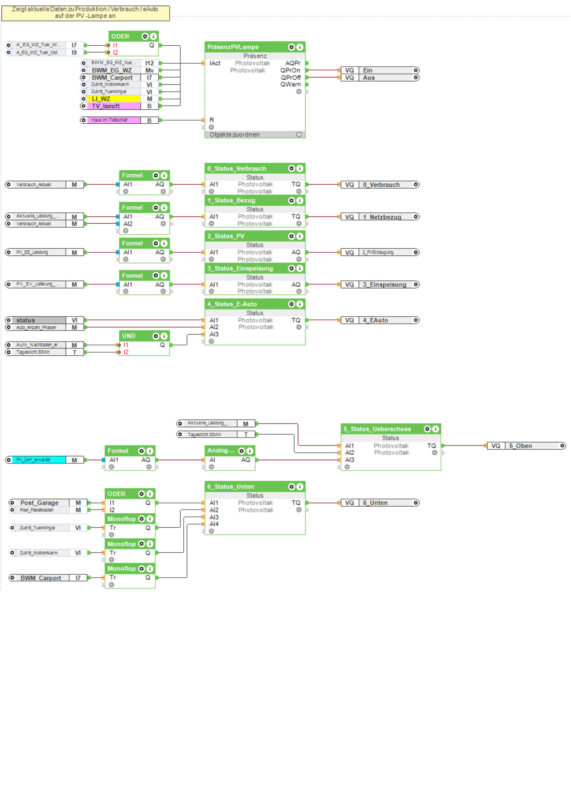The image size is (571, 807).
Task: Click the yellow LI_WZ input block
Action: [x=113, y=99]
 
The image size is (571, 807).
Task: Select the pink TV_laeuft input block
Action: [x=113, y=106]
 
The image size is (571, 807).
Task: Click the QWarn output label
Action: [x=291, y=84]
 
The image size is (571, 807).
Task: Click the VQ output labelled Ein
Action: [x=380, y=70]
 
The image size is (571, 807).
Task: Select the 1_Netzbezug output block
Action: [x=380, y=217]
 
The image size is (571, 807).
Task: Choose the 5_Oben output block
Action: [x=526, y=446]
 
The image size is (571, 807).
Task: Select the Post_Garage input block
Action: [x=44, y=503]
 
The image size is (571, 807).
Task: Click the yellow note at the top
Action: [x=85, y=13]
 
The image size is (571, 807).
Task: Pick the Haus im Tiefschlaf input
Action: [x=113, y=120]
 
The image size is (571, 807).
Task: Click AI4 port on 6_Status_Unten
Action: [x=214, y=524]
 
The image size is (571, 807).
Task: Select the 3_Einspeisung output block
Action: [x=380, y=284]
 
